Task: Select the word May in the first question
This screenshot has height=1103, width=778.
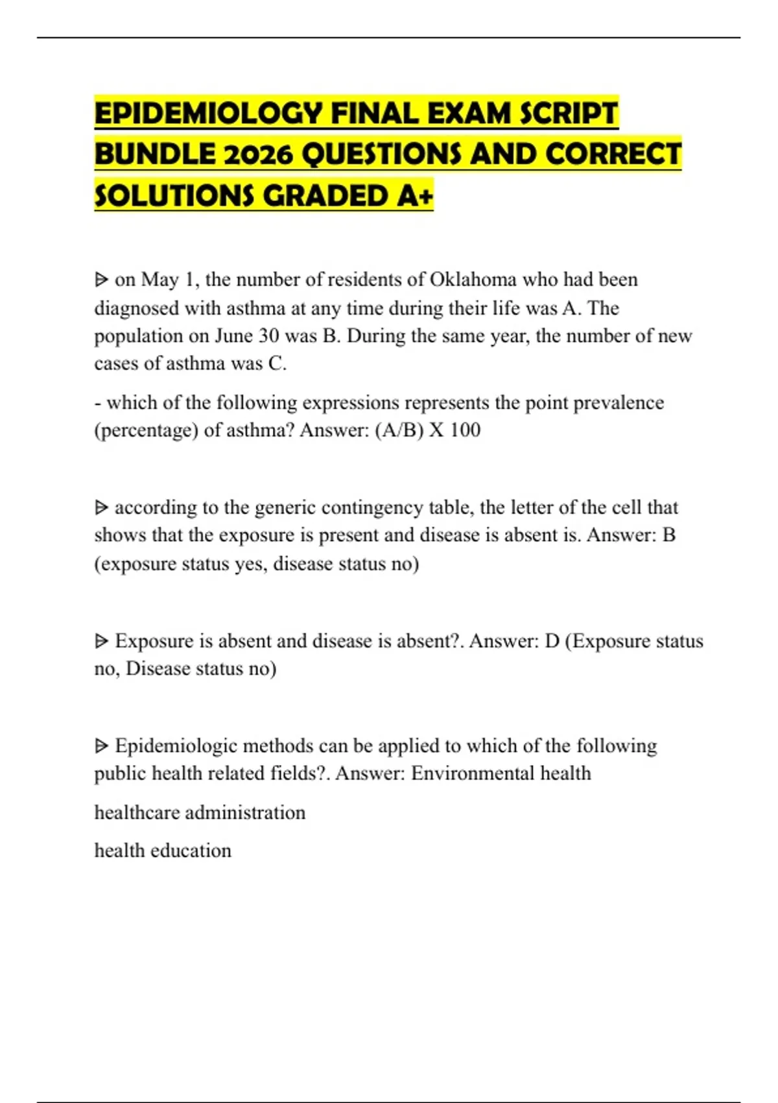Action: (159, 280)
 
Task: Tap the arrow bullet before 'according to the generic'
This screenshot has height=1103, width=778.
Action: (101, 507)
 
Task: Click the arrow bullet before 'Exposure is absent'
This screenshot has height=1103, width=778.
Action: (101, 642)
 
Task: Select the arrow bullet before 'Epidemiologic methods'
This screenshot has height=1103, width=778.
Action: (101, 746)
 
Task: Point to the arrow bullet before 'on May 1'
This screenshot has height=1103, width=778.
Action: (101, 280)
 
